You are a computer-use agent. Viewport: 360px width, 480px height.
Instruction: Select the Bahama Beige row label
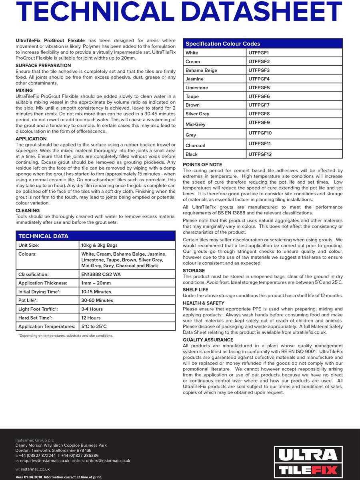[201, 70]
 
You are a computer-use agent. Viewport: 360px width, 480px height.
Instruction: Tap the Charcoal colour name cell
[195, 146]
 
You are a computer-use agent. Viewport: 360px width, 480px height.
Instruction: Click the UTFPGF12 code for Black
[260, 154]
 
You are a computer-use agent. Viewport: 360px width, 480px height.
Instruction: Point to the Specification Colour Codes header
[223, 44]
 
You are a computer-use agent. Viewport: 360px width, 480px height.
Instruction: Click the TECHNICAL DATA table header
[43, 236]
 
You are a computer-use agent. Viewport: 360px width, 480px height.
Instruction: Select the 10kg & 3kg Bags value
[99, 245]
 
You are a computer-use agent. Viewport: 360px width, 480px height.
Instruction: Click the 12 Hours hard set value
[91, 318]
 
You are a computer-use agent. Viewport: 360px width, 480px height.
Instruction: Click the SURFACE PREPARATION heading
[43, 65]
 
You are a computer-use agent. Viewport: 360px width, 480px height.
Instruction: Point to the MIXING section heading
[24, 90]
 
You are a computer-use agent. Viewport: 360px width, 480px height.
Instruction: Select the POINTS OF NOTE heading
[202, 164]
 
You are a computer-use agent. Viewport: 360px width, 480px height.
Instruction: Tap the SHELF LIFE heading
[196, 290]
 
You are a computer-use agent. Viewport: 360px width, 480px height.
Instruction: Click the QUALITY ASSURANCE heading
[208, 340]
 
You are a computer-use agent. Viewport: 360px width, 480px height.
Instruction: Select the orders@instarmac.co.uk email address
[108, 461]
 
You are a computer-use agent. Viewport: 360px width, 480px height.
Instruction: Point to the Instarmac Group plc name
[34, 440]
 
